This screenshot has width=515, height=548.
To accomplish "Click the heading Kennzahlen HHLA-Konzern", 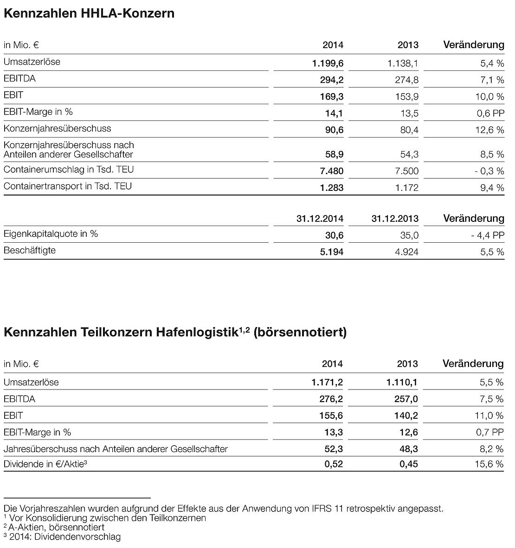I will [89, 13].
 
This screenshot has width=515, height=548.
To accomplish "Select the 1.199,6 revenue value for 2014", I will [328, 63].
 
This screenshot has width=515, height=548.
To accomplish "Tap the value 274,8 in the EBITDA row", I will [406, 80].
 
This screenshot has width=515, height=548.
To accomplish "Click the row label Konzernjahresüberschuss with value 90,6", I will [58, 129].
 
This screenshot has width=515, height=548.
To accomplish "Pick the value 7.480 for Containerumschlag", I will [331, 171].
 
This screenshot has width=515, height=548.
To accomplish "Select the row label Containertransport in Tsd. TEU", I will [68, 186].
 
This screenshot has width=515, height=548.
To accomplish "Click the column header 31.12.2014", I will [320, 218].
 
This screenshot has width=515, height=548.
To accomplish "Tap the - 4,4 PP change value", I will [487, 235].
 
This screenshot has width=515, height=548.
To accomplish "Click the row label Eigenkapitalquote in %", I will [51, 234].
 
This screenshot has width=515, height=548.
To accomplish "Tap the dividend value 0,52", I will [334, 464].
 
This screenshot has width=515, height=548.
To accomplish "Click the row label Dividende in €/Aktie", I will [45, 463].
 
